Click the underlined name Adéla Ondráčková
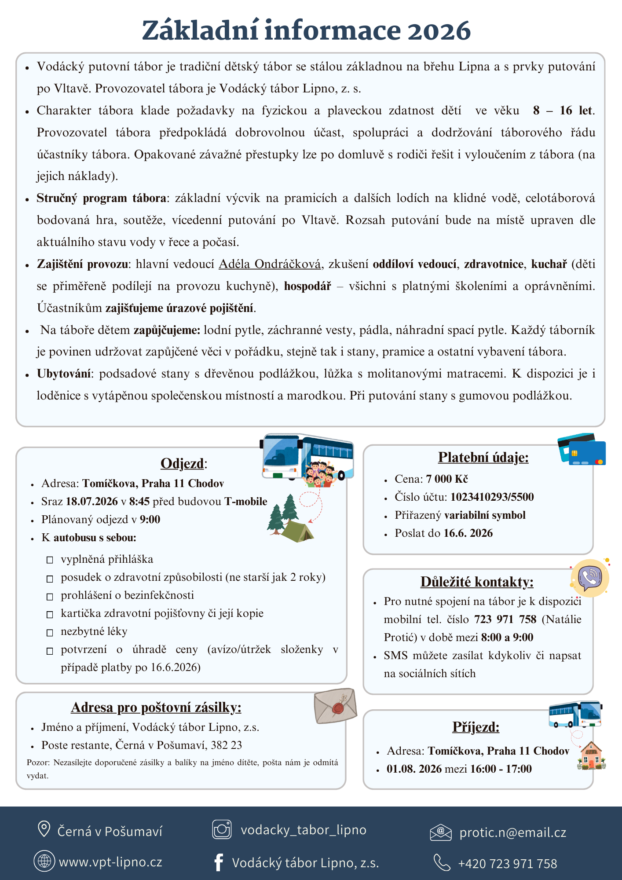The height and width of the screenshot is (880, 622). [270, 264]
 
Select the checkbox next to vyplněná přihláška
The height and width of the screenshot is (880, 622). [50, 560]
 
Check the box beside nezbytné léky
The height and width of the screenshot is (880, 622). [50, 632]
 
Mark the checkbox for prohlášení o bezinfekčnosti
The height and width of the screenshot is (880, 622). [50, 596]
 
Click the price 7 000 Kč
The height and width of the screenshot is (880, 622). [446, 479]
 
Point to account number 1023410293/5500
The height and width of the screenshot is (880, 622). [492, 497]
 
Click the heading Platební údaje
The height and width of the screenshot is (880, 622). [483, 458]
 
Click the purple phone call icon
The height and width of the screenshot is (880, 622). [590, 578]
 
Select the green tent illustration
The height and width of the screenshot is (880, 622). [297, 531]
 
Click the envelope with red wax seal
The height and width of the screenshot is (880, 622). [335, 706]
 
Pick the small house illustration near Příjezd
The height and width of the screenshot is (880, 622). [591, 756]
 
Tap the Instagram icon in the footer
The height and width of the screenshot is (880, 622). [222, 829]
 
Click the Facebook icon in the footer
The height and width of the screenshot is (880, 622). [218, 862]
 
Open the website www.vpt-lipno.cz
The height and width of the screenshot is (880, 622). [110, 862]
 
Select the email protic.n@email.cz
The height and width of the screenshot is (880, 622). [512, 832]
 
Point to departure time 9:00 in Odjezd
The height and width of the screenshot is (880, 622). [150, 520]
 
